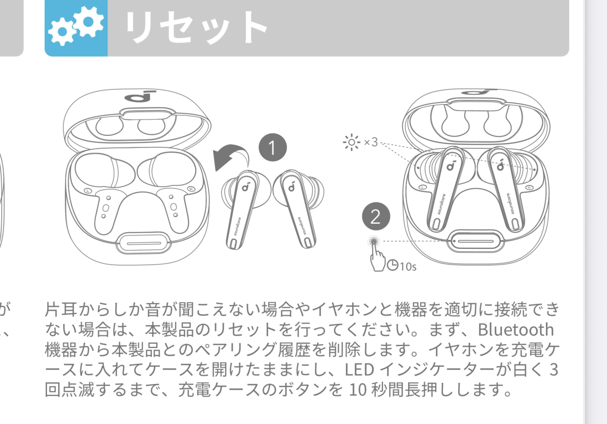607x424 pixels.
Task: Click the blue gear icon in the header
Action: point(76,28)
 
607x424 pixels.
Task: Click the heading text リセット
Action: point(196,27)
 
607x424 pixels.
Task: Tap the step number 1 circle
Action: point(273,147)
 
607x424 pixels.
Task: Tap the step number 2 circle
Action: point(376,216)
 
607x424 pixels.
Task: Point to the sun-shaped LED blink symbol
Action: point(352,142)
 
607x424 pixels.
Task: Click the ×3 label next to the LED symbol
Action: point(371,142)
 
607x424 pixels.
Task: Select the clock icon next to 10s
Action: point(393,265)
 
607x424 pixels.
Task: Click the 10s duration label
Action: point(408,266)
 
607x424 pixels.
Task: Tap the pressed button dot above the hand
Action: point(374,241)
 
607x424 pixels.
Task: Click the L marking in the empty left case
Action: point(87,191)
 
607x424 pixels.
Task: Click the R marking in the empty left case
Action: point(191,189)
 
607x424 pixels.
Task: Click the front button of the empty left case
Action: point(144,243)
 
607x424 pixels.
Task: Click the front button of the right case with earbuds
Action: point(475,241)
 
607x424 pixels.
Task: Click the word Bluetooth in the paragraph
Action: point(516,330)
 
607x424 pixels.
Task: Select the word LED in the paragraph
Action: point(359,369)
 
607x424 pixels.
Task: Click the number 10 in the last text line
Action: point(358,390)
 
